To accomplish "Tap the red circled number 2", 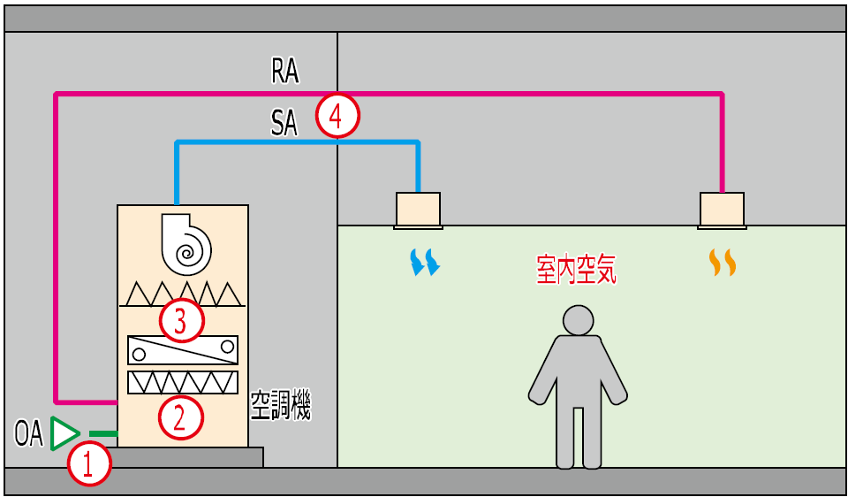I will [x=180, y=416].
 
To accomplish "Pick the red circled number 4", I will [x=338, y=115].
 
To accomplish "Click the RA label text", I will [x=284, y=72].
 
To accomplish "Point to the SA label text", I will [x=284, y=125].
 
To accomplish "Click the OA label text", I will [x=28, y=434].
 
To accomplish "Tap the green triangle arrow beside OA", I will [x=64, y=433].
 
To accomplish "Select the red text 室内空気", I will [x=576, y=270].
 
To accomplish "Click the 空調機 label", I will [x=280, y=406].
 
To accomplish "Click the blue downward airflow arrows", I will [x=425, y=262].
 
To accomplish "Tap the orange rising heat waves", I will [x=723, y=262].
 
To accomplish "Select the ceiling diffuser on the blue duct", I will [x=418, y=210].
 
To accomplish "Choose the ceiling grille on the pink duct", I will [x=723, y=210].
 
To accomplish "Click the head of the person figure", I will [x=579, y=320].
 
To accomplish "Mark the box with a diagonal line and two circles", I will [x=183, y=350].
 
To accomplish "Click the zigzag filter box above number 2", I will [x=183, y=382].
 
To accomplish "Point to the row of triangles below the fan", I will [x=182, y=294].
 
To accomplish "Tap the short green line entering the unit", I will [x=103, y=433].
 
